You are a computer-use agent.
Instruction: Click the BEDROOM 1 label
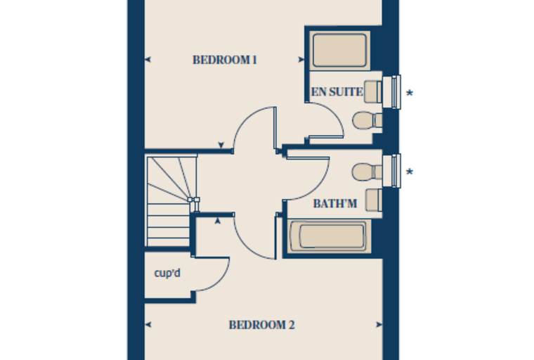pyautogui.click(x=224, y=60)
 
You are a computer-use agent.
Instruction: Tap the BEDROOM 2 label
pyautogui.click(x=261, y=325)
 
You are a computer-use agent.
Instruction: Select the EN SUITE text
pyautogui.click(x=337, y=91)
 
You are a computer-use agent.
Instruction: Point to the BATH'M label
pyautogui.click(x=335, y=203)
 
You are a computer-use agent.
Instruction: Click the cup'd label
pyautogui.click(x=167, y=273)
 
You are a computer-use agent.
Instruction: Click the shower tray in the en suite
pyautogui.click(x=339, y=51)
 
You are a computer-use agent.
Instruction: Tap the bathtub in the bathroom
pyautogui.click(x=329, y=236)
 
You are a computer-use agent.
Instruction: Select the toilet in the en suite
pyautogui.click(x=367, y=120)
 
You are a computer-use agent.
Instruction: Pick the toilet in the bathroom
pyautogui.click(x=367, y=172)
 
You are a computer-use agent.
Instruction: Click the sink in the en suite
pyautogui.click(x=373, y=91)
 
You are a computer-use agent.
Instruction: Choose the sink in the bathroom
pyautogui.click(x=374, y=200)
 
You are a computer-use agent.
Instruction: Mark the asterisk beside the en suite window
pyautogui.click(x=410, y=93)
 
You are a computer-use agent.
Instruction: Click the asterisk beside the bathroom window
pyautogui.click(x=410, y=172)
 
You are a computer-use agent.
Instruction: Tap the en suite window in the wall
pyautogui.click(x=391, y=92)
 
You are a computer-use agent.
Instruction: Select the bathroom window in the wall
pyautogui.click(x=391, y=171)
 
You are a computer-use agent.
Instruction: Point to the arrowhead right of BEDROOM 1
pyautogui.click(x=301, y=60)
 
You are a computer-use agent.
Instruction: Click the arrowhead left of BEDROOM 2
pyautogui.click(x=148, y=325)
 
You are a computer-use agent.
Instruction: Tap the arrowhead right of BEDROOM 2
pyautogui.click(x=379, y=325)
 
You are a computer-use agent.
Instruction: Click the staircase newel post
pyautogui.click(x=193, y=200)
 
